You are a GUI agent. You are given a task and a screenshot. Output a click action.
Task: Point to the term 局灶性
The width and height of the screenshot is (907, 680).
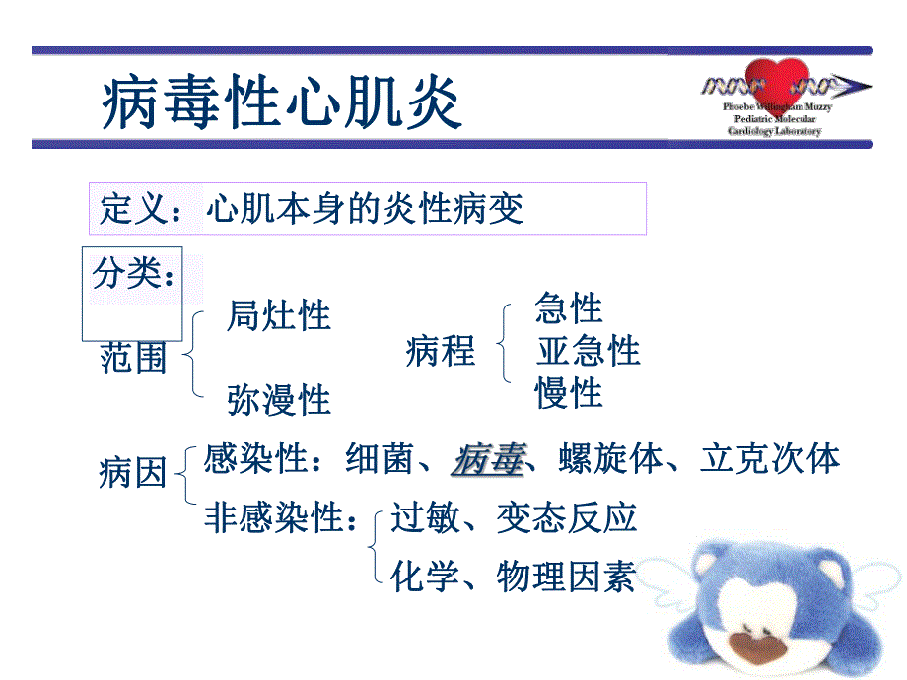pos(279,316)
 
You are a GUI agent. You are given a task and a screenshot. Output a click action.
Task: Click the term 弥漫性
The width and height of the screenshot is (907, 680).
pos(279,400)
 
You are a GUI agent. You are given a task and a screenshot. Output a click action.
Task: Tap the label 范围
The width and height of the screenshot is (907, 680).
pos(134,358)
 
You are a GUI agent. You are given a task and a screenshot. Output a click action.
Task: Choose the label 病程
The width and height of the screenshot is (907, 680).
pos(440,351)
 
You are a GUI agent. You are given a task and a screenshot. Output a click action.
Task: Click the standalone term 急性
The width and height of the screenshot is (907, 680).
pos(569,308)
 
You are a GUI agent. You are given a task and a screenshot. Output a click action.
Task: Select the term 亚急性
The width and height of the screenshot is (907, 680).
pos(588,351)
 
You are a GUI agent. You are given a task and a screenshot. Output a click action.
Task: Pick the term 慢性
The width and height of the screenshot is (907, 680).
pos(569,394)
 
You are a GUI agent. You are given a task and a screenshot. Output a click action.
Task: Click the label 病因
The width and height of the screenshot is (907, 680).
pos(132,475)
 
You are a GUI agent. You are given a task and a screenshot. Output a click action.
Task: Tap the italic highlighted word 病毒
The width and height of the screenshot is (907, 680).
pos(487,459)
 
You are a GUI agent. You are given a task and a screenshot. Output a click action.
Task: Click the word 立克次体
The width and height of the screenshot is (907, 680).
pos(770,459)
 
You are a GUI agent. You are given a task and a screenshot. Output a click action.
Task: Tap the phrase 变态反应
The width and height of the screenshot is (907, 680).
pos(566,517)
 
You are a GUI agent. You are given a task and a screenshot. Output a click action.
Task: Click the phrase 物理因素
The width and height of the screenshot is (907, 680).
pos(566,576)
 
